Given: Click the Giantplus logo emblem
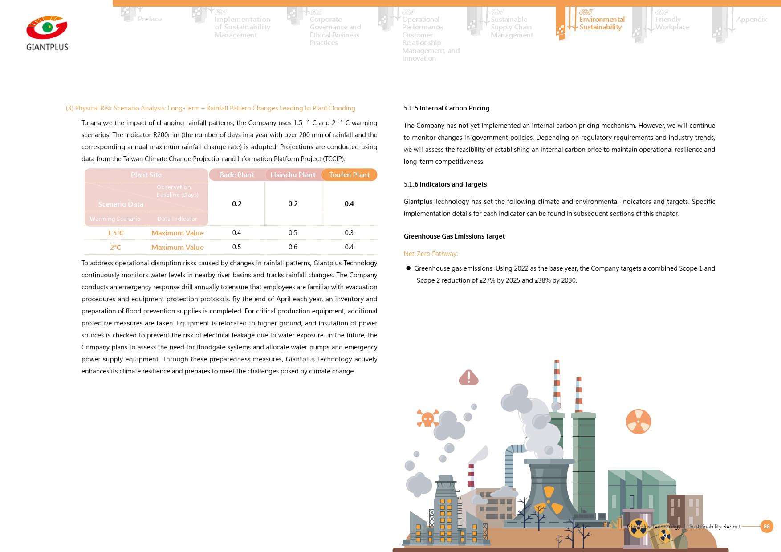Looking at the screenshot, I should (47, 28).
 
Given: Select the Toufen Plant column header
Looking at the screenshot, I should (349, 175).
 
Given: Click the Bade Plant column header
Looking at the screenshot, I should (236, 175).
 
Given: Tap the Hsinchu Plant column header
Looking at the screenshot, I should (293, 175).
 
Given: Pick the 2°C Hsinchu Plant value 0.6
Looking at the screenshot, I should (293, 247).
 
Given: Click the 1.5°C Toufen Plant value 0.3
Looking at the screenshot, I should (349, 233).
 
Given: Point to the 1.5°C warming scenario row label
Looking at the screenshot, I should (115, 233).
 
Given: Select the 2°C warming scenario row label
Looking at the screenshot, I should (115, 248).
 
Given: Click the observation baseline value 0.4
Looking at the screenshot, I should (349, 204).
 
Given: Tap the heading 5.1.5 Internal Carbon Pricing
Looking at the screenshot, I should (446, 108).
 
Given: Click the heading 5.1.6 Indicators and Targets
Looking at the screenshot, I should (445, 184).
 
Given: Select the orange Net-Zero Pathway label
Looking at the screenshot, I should (431, 254).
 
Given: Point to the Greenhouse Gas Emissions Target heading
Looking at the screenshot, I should (454, 236).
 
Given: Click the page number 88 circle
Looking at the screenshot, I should (766, 526).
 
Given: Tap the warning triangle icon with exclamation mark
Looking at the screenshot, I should (468, 377).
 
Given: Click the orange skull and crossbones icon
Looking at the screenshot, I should (427, 418).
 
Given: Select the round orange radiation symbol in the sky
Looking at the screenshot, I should (638, 422).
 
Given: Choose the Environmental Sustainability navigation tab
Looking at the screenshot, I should (601, 23).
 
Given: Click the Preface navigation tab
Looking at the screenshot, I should (150, 19).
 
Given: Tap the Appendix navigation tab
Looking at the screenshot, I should (751, 20).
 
